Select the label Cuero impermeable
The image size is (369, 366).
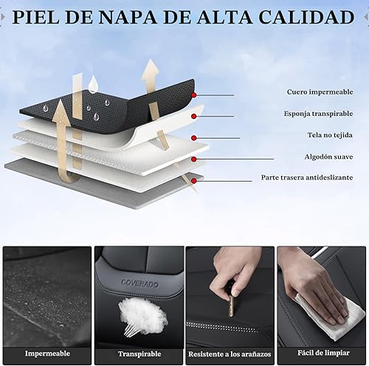320,92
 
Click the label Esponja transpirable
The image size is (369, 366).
318,114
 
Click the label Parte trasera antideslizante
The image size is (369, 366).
306,178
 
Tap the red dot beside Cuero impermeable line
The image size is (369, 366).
194,94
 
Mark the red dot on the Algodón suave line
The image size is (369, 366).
193,159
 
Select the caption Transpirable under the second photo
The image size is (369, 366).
139,353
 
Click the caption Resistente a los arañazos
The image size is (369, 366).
230,353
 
